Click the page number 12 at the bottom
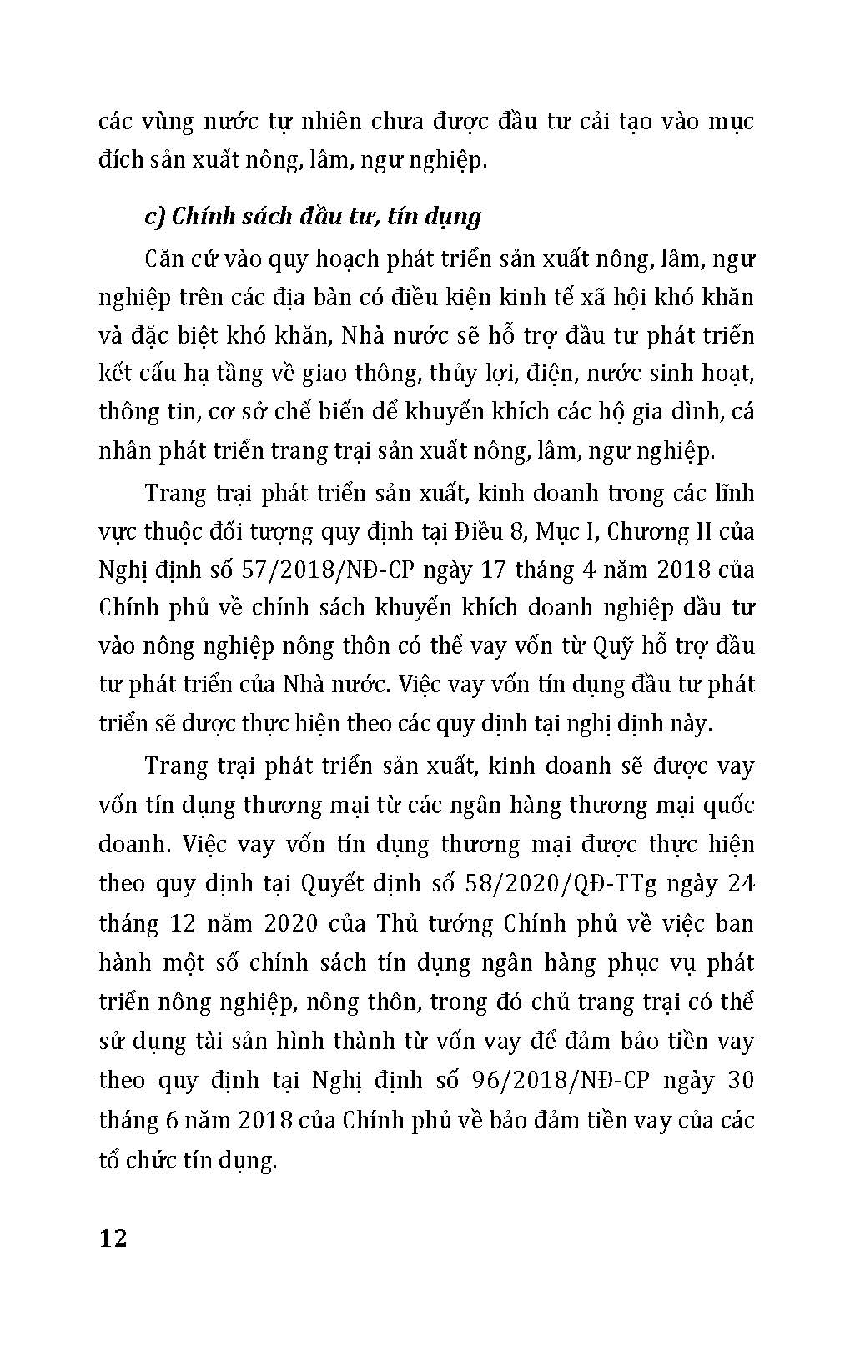pyautogui.click(x=113, y=1237)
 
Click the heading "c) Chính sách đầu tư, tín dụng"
pyautogui.click(x=313, y=217)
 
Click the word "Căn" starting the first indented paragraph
pyautogui.click(x=168, y=259)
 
